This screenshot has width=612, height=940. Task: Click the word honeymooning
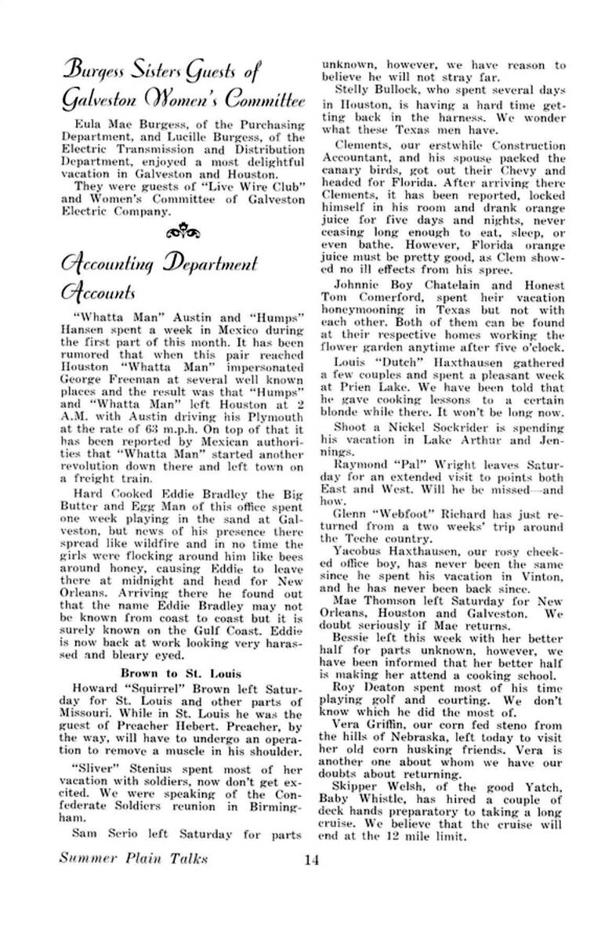point(360,311)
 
